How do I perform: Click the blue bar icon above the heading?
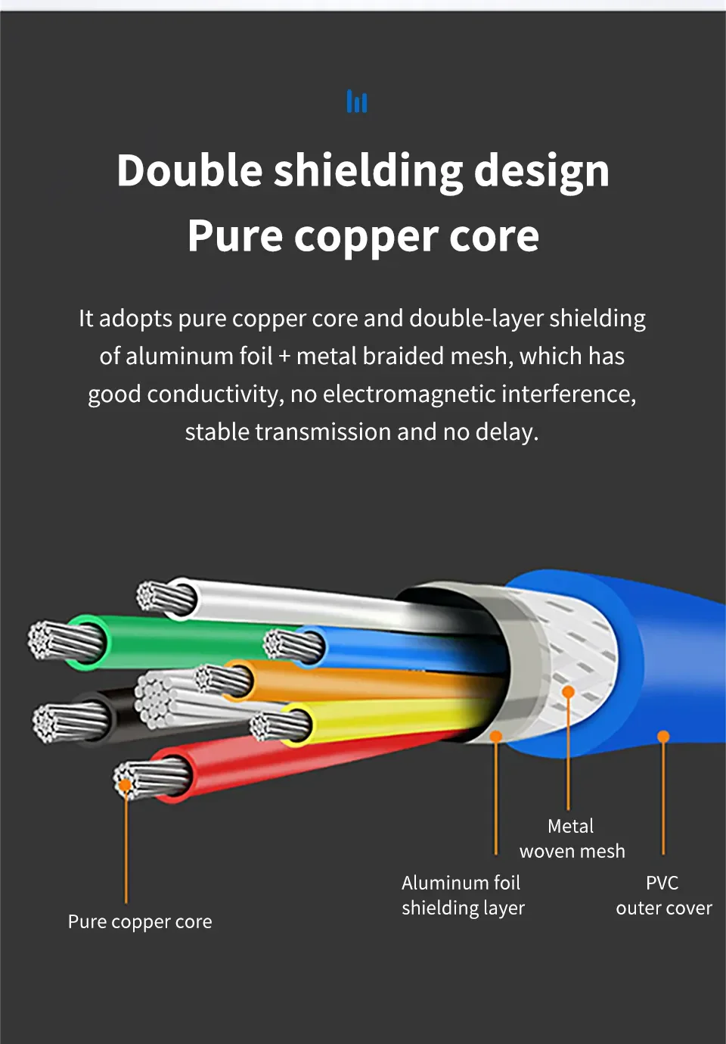pos(356,101)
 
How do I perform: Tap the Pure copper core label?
pos(140,921)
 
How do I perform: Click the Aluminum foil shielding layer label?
pos(462,895)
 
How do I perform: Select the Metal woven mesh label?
pos(572,838)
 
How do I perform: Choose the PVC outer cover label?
pos(663,895)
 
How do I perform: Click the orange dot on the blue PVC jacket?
pos(663,736)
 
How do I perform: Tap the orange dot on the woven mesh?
pos(568,691)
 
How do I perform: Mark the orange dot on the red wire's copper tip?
pos(125,785)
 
